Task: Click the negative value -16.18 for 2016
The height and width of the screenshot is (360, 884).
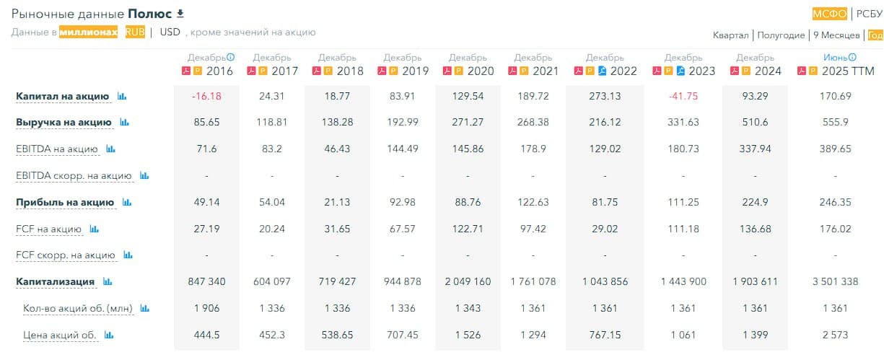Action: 206,96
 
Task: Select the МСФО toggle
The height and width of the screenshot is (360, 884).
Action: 829,14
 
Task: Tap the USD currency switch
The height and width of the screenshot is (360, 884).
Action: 170,32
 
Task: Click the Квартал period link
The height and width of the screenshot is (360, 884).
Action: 731,35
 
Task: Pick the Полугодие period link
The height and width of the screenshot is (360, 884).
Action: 781,35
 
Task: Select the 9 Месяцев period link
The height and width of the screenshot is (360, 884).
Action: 836,35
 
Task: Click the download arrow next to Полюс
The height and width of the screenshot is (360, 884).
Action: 180,14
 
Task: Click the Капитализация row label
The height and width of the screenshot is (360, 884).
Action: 56,281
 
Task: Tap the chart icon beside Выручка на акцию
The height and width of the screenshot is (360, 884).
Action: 124,123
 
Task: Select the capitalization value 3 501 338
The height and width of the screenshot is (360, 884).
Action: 836,281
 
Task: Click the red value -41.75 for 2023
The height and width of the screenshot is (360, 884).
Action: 683,96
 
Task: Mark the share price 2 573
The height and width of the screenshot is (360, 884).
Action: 836,335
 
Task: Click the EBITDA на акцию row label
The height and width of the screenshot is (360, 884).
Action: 57,149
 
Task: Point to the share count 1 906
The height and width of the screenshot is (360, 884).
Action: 206,308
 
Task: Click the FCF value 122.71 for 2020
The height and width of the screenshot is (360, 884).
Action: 468,229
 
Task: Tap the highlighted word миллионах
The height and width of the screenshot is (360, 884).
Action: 88,32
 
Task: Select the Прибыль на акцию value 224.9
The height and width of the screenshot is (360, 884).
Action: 749,202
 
